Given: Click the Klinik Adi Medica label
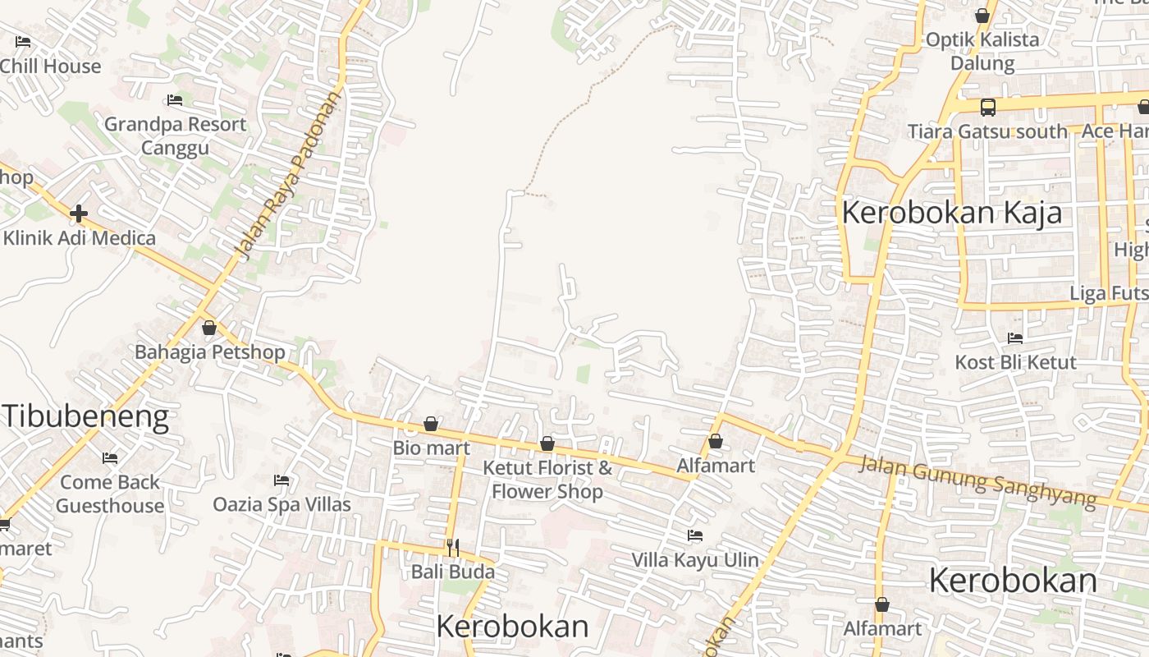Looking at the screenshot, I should click(x=80, y=238).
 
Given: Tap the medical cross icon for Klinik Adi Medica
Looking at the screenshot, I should click(x=79, y=214).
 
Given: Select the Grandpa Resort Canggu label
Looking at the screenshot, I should click(x=175, y=136).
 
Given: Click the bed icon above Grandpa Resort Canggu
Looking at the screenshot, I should click(x=175, y=100).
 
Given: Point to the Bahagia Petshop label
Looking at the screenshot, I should click(x=210, y=352).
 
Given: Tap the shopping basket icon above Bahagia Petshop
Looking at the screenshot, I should click(x=209, y=328).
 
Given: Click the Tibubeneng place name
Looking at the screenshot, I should click(x=85, y=416).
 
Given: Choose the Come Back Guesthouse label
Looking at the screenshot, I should click(x=110, y=494).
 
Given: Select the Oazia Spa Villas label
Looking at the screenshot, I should click(x=282, y=504).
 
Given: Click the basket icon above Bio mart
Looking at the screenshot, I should click(x=431, y=424).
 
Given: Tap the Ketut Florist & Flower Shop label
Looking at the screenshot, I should click(x=547, y=480).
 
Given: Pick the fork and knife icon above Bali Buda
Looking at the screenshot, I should click(x=452, y=547).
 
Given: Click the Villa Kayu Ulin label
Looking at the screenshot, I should click(x=695, y=560).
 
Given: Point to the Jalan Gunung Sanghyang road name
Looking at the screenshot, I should click(x=977, y=480).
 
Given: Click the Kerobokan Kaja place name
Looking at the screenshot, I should click(x=951, y=213).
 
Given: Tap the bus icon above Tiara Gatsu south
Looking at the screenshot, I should click(x=988, y=107).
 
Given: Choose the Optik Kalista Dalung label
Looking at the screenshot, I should click(x=982, y=51).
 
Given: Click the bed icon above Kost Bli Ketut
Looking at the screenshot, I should click(x=1015, y=338).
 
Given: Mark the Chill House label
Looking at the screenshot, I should click(x=50, y=67).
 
